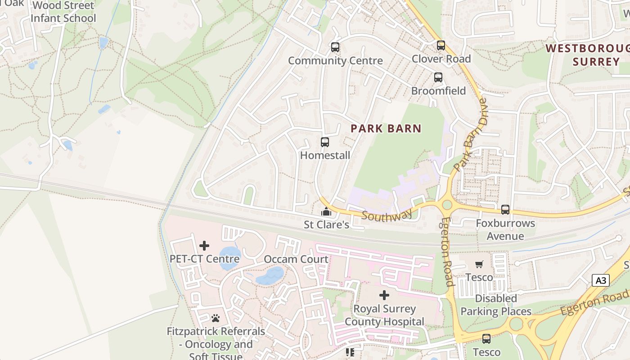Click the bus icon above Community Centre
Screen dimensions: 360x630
pyautogui.click(x=335, y=47)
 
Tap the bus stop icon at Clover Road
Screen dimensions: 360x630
pyautogui.click(x=441, y=45)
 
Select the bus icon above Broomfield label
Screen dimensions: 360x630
pyautogui.click(x=438, y=77)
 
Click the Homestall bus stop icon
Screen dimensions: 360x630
pyautogui.click(x=324, y=142)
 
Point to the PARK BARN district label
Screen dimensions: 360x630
pyautogui.click(x=386, y=129)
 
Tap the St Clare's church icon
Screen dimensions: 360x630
pyautogui.click(x=326, y=211)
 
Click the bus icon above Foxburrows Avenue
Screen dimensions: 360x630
pyautogui.click(x=505, y=210)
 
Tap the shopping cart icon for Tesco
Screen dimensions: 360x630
pyautogui.click(x=479, y=265)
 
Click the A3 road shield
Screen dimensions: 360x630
pyautogui.click(x=601, y=281)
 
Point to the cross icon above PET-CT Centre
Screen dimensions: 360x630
pyautogui.click(x=204, y=246)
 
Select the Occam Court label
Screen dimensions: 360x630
pyautogui.click(x=296, y=259)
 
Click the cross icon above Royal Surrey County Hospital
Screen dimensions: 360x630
pyautogui.click(x=384, y=295)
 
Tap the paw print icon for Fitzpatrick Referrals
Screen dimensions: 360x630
pyautogui.click(x=216, y=318)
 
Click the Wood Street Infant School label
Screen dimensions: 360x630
pyautogui.click(x=63, y=12)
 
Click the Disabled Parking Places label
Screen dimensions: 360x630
pyautogui.click(x=496, y=305)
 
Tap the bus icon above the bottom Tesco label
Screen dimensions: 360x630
pyautogui.click(x=486, y=339)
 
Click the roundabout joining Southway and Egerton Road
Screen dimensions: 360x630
pyautogui.click(x=447, y=205)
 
